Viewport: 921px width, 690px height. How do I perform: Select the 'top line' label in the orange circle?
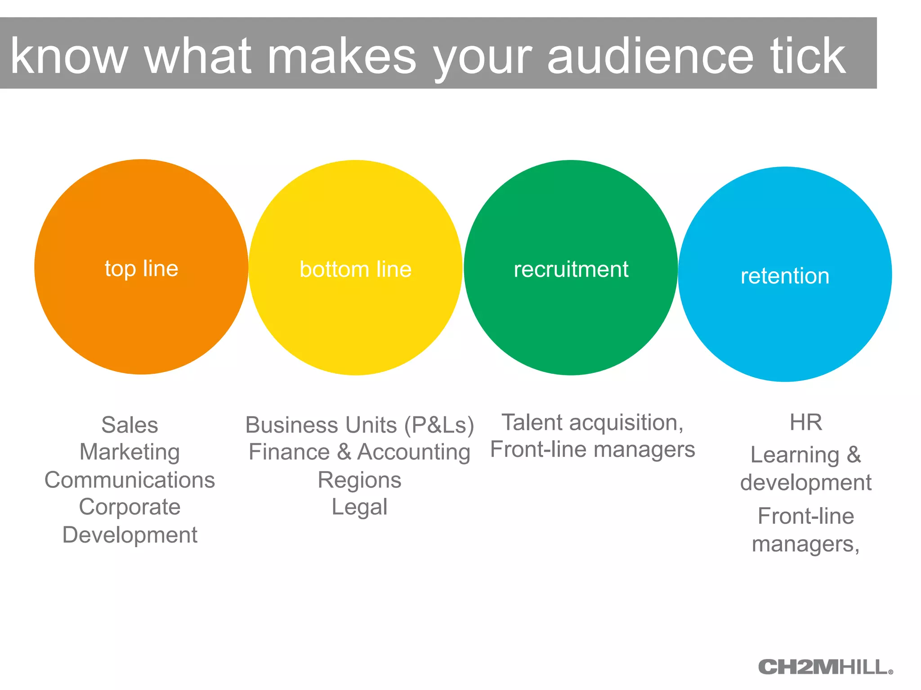tap(141, 269)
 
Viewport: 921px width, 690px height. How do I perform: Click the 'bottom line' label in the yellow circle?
tap(355, 270)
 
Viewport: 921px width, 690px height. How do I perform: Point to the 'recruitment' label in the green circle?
tap(571, 270)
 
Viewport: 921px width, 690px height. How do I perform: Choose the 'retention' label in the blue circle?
tap(785, 276)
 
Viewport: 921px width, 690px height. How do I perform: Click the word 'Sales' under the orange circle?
tap(130, 425)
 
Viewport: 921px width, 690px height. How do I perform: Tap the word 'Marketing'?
tap(130, 452)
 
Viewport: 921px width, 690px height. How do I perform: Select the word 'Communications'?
tap(130, 480)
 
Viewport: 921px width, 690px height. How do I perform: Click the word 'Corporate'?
tap(130, 507)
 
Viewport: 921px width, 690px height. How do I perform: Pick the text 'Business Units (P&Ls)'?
tap(359, 425)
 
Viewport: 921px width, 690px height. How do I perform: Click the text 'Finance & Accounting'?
tap(359, 452)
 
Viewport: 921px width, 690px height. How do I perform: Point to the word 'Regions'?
tap(359, 480)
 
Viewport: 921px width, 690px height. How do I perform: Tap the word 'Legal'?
tap(359, 507)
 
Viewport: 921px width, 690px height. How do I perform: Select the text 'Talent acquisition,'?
tap(592, 423)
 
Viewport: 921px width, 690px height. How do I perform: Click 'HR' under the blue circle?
tap(806, 423)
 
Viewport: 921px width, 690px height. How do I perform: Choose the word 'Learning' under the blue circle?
tap(795, 455)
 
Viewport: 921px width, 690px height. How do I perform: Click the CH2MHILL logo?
tap(825, 667)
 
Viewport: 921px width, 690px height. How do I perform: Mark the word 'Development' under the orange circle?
tap(130, 535)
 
